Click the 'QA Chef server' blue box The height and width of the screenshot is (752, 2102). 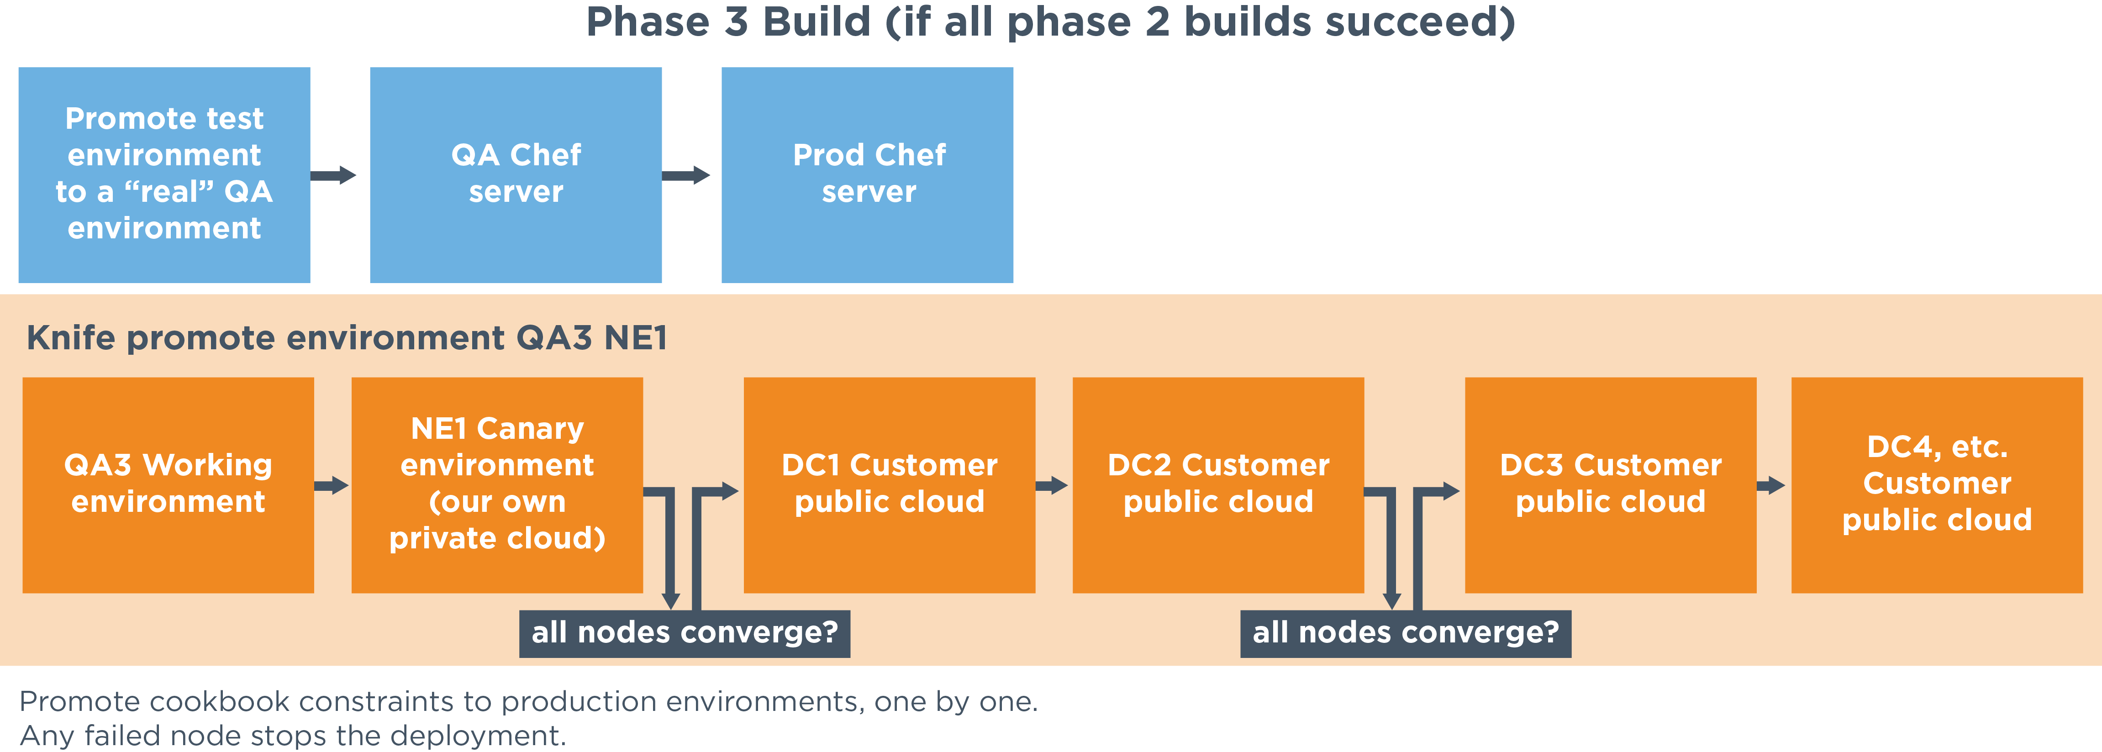[x=516, y=174]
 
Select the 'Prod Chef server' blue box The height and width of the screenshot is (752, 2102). [x=867, y=174]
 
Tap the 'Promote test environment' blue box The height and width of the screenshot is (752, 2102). [x=164, y=174]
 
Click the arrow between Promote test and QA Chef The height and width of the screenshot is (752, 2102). [x=333, y=174]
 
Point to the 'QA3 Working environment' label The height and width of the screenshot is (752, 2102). [x=168, y=483]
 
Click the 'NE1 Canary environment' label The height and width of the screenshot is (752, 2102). [x=497, y=483]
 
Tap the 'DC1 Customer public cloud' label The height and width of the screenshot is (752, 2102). [x=890, y=483]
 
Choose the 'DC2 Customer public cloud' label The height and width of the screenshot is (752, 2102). [x=1218, y=483]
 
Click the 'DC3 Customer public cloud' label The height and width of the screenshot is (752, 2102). [x=1611, y=483]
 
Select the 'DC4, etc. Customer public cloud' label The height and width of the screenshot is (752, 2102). [x=1937, y=483]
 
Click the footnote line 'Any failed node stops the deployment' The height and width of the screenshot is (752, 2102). [x=292, y=735]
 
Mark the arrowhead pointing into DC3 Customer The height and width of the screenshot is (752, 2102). [x=1451, y=491]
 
